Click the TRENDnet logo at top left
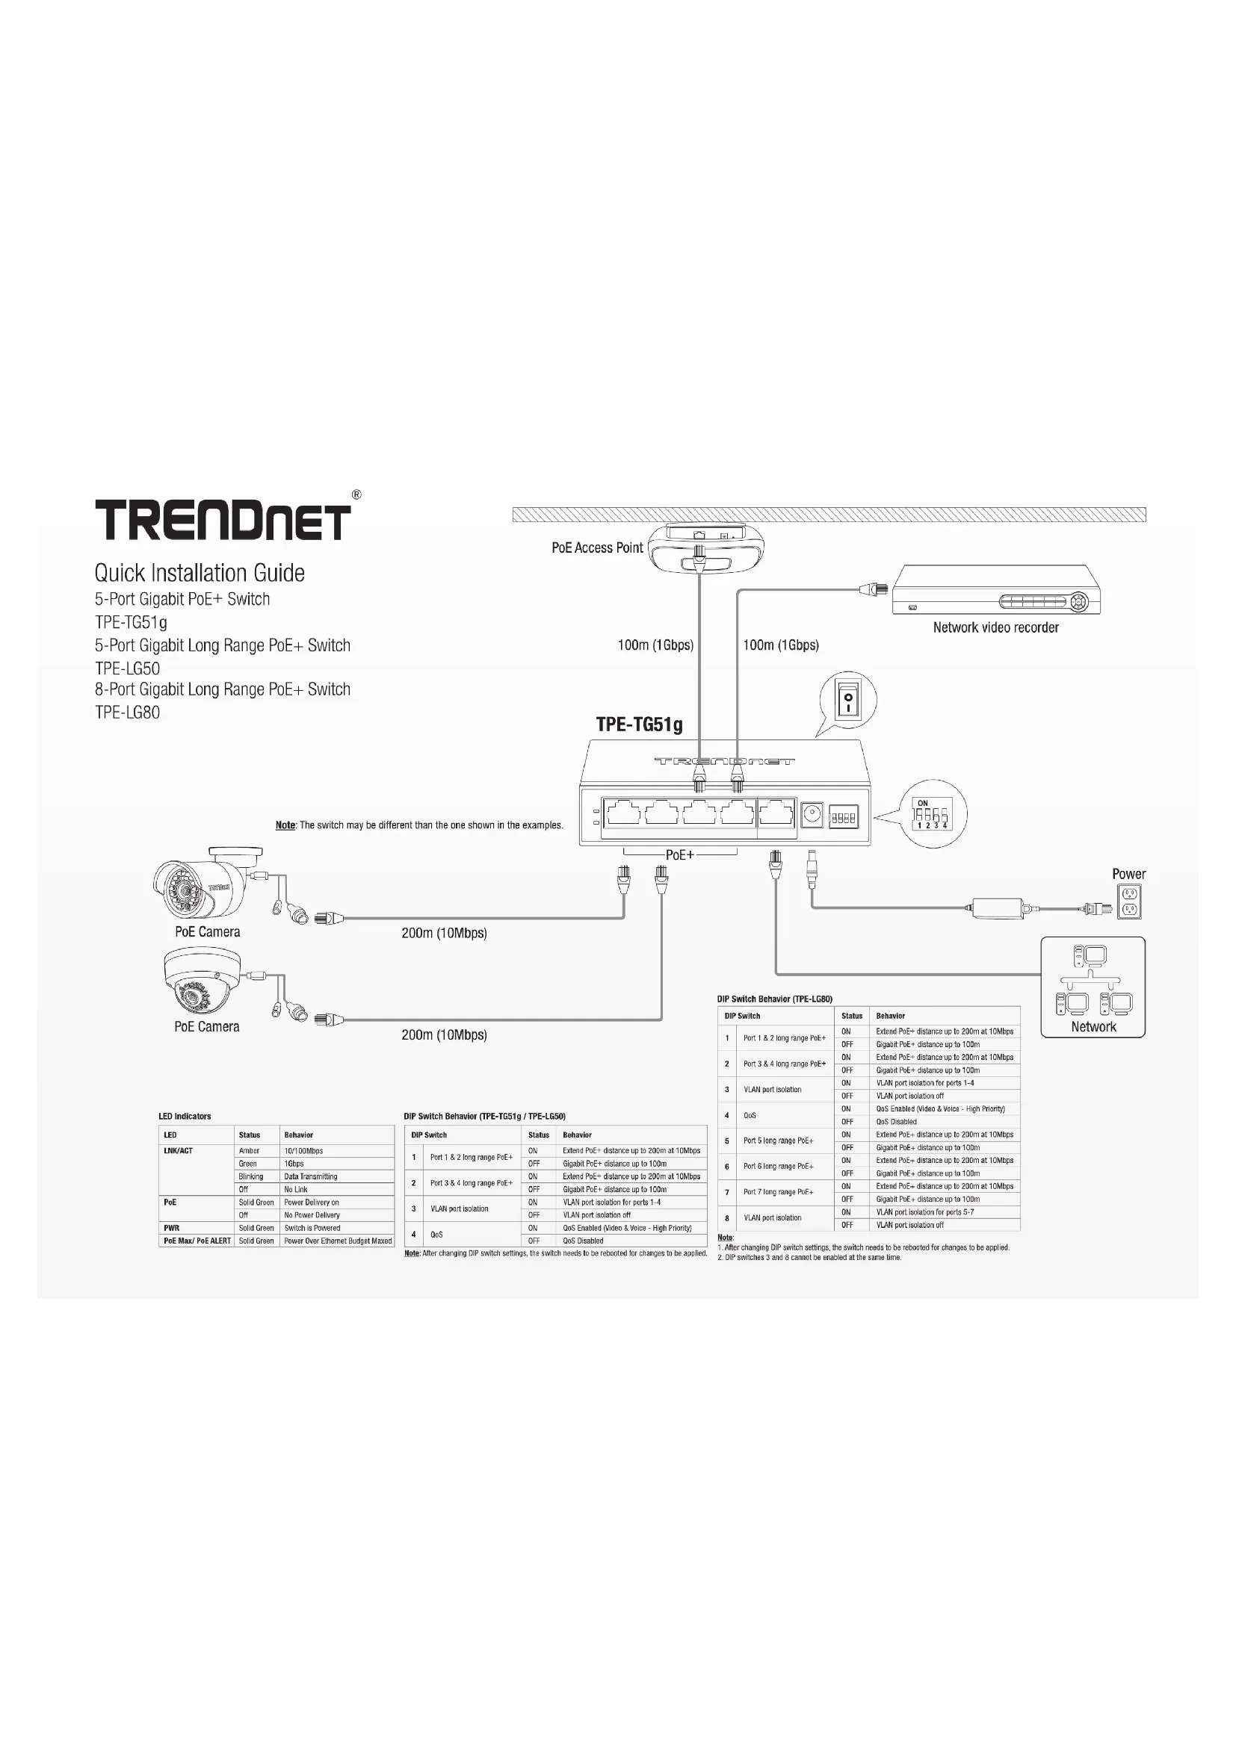(x=223, y=520)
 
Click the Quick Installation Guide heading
(x=200, y=573)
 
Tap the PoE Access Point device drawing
(x=707, y=547)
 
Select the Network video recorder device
(x=995, y=590)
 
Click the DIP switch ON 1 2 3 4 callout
(x=933, y=815)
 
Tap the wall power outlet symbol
(x=1129, y=901)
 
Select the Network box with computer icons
(x=1093, y=987)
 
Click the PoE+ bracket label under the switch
(x=679, y=855)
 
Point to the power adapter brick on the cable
(x=997, y=907)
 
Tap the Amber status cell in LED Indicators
(x=249, y=1150)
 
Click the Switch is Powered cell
(x=312, y=1227)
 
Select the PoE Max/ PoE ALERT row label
(x=197, y=1241)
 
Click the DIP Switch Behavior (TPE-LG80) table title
(x=774, y=999)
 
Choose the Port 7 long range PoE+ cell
(x=778, y=1191)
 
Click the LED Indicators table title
(x=185, y=1116)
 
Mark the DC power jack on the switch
(x=812, y=814)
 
